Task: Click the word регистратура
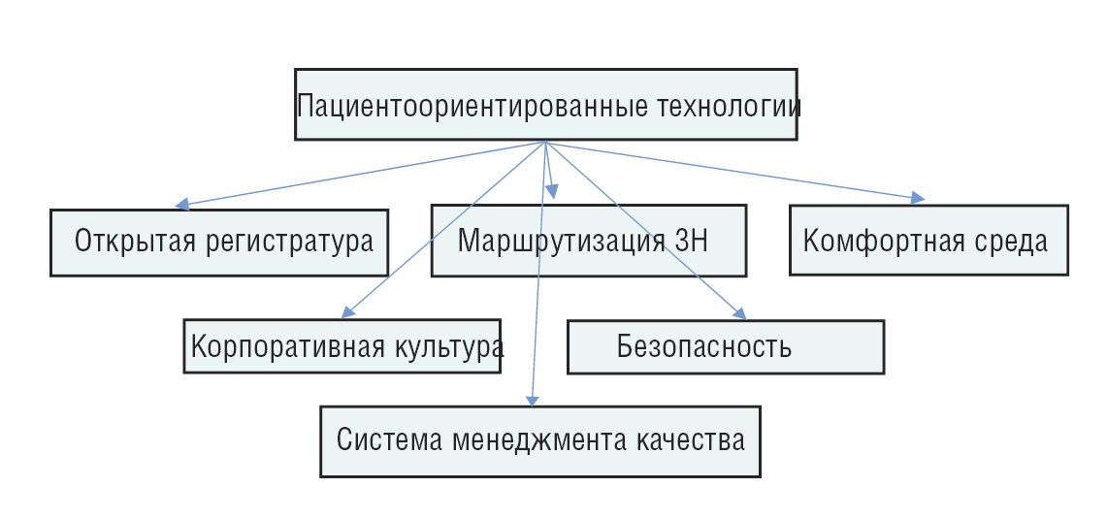(x=290, y=243)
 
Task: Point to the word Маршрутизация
(x=562, y=241)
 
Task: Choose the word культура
(x=447, y=347)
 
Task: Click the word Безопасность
(x=703, y=347)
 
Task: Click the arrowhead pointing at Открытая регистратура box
(x=181, y=205)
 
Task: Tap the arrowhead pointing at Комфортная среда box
(x=917, y=198)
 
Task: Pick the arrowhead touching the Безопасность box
(x=739, y=313)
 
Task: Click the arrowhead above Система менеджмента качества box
(x=532, y=399)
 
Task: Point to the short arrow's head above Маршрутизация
(x=552, y=192)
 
